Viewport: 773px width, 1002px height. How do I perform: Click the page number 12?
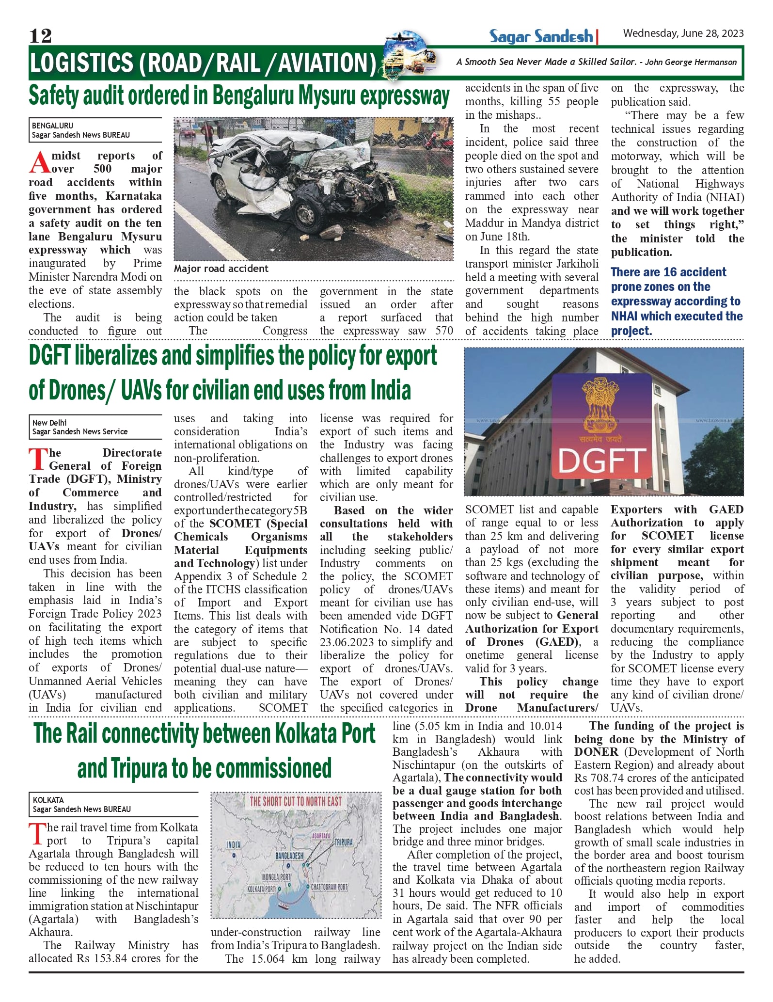[x=40, y=36]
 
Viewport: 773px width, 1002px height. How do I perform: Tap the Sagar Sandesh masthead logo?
[x=541, y=36]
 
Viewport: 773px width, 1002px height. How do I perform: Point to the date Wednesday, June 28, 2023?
[x=683, y=33]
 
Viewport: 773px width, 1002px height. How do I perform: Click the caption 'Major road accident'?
[x=221, y=269]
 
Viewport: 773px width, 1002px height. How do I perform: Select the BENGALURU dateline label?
[x=52, y=126]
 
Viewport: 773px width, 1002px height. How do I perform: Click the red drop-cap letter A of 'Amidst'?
[x=39, y=163]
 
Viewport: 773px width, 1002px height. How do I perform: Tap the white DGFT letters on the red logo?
[x=602, y=461]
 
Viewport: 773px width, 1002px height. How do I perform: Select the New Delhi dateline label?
[x=49, y=422]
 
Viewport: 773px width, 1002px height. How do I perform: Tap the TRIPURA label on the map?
[x=343, y=842]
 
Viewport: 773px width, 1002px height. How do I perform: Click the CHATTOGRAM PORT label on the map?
[x=329, y=887]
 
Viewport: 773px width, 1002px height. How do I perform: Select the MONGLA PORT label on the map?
[x=276, y=877]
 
